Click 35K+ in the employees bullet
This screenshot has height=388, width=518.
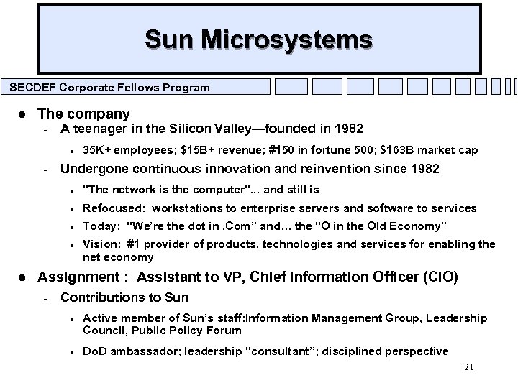96,150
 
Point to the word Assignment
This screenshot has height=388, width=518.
74,277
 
